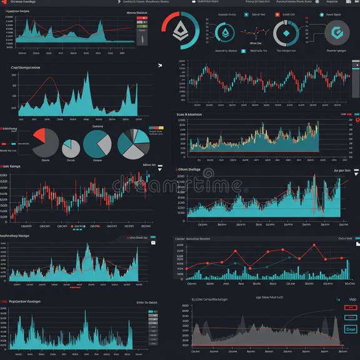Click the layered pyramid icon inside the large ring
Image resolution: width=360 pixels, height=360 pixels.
pos(181,29)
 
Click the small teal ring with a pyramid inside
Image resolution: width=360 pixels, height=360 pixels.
pos(225,33)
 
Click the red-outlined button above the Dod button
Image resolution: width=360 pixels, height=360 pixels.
pos(350,307)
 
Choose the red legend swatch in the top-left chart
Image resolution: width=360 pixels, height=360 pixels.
pos(141,19)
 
